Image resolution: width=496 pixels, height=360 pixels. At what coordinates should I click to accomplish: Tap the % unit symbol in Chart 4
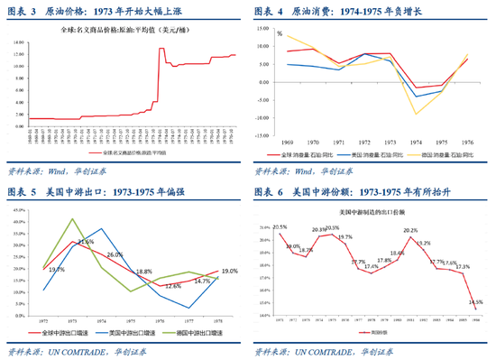click(x=280, y=33)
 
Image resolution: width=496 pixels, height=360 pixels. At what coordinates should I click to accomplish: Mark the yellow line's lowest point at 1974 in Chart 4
click(x=416, y=114)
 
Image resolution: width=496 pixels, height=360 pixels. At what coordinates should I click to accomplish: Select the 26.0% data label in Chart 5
click(x=115, y=255)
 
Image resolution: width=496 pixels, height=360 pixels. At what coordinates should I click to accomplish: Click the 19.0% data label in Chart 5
click(x=228, y=271)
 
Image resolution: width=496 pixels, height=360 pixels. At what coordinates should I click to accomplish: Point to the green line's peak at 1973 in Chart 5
click(x=73, y=219)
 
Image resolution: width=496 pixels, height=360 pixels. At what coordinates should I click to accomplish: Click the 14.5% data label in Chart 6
click(x=476, y=301)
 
